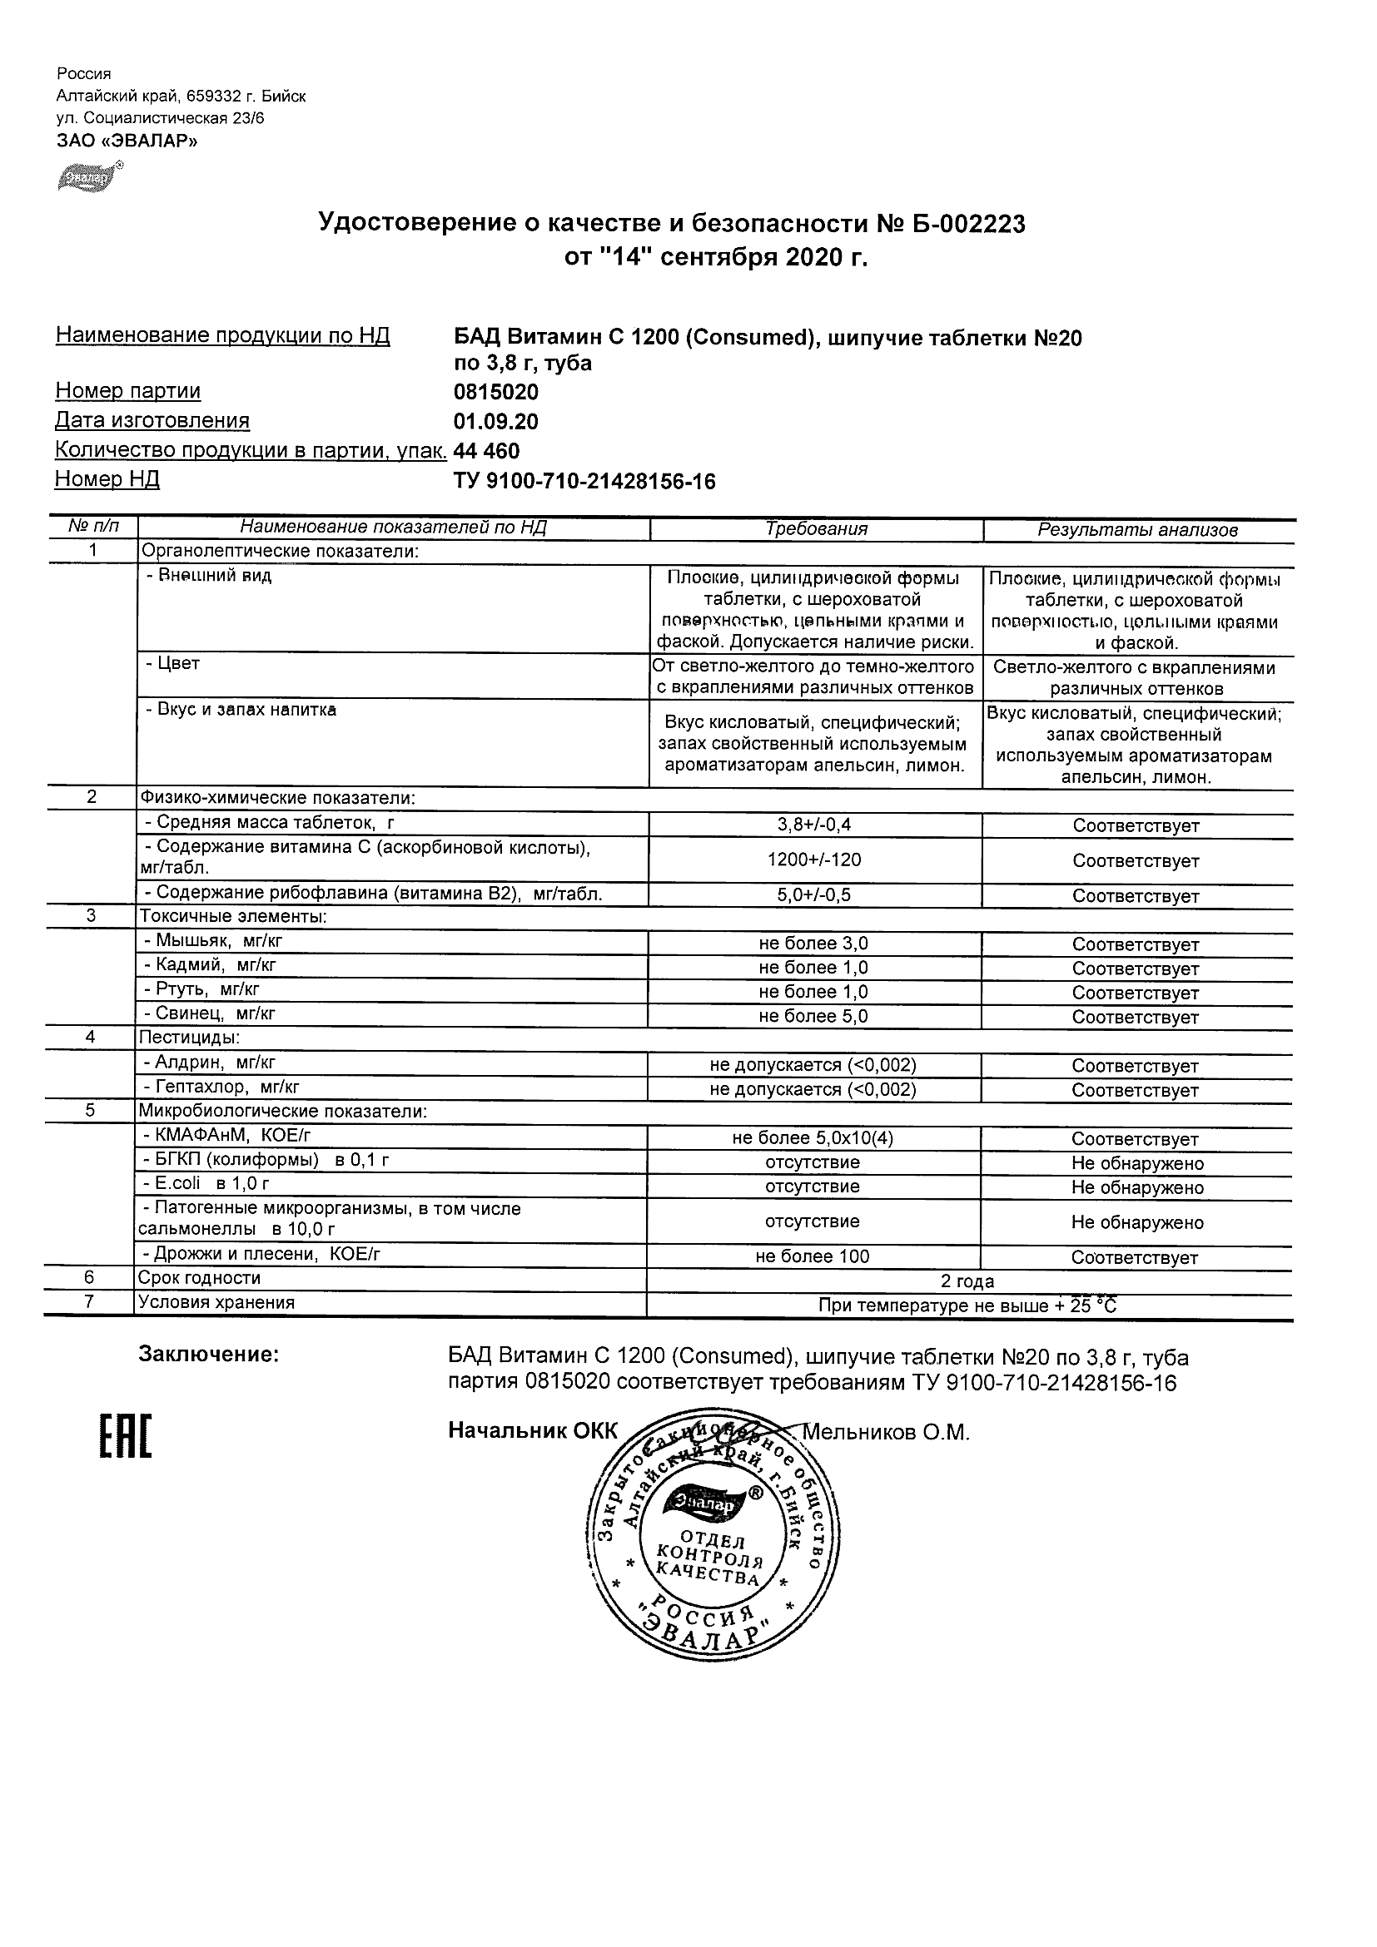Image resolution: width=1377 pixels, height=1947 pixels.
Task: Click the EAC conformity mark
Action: pyautogui.click(x=126, y=1436)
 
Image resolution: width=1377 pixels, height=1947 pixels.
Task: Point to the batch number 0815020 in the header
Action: pyautogui.click(x=495, y=393)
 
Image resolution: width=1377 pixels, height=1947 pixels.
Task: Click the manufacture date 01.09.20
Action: pyautogui.click(x=495, y=422)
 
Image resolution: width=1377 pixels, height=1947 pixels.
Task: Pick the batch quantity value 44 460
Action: pyautogui.click(x=486, y=451)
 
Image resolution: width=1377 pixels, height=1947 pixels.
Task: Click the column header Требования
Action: pyautogui.click(x=815, y=529)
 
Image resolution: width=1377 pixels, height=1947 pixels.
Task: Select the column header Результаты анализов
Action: pyautogui.click(x=1137, y=530)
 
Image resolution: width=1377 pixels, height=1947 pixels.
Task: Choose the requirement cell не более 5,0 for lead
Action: pyautogui.click(x=813, y=1016)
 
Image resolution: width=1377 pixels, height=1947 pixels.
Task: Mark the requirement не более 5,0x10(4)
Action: pyautogui.click(x=813, y=1139)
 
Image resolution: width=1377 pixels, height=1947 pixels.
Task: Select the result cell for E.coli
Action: pyautogui.click(x=1137, y=1188)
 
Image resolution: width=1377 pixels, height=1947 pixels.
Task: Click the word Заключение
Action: pyautogui.click(x=209, y=1355)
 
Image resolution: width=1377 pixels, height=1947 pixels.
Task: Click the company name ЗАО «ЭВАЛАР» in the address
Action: pyautogui.click(x=127, y=141)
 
